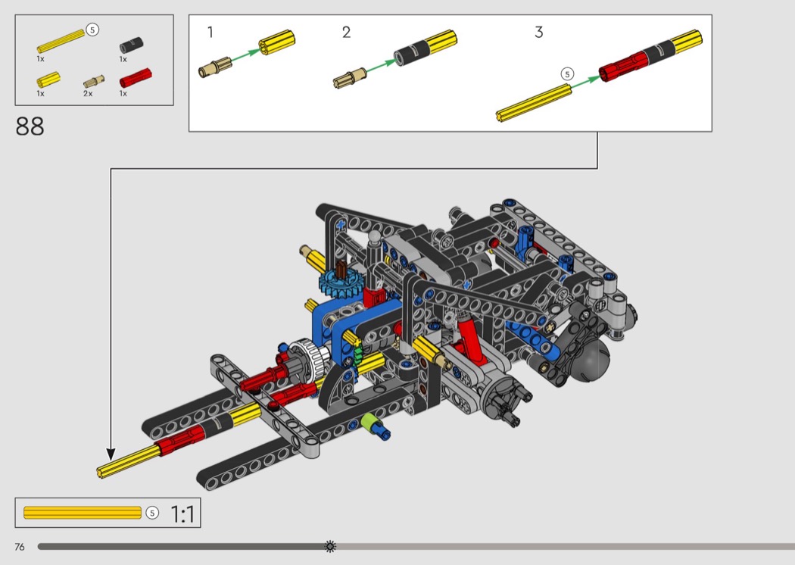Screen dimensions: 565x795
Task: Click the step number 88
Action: [30, 126]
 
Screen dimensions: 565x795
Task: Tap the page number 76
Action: [19, 546]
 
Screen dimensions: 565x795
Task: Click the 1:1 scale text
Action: [182, 514]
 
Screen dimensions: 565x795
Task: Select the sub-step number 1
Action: [210, 33]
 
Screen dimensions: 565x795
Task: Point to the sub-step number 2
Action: [346, 33]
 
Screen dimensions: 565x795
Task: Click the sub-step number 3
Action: [538, 33]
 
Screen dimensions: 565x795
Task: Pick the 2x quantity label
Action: [88, 93]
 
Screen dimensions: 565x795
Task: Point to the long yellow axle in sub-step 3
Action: [533, 102]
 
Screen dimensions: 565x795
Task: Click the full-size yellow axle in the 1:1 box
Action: [83, 513]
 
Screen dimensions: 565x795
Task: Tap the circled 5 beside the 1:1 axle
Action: [152, 513]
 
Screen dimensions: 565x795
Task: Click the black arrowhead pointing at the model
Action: [111, 454]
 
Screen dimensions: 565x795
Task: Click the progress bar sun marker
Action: [329, 545]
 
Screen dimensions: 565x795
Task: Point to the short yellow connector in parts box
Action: [49, 79]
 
